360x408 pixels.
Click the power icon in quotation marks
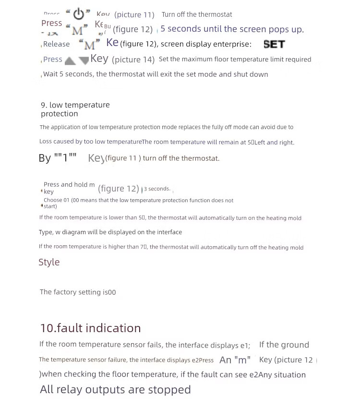78,13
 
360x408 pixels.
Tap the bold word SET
274,44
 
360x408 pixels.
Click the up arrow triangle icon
70,60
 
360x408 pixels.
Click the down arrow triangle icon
84,60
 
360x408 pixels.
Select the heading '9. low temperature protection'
75,109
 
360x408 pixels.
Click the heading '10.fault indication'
90,328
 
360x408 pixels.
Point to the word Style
49,262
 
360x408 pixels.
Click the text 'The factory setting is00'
78,292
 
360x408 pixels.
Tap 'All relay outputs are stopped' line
115,389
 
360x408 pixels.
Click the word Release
56,44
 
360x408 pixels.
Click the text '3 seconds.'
157,189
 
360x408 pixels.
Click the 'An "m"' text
235,360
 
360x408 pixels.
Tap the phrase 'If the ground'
284,345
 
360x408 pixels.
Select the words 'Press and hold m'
69,184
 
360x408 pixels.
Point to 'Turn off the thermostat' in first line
197,14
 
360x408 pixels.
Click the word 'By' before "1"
45,158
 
